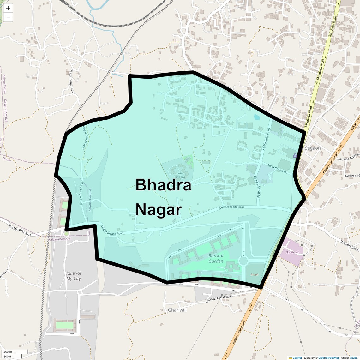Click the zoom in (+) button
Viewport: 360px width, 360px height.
(8, 8)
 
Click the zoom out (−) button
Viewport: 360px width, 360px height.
(8, 17)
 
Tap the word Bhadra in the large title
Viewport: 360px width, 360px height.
(163, 185)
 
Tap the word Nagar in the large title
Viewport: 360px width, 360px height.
(159, 210)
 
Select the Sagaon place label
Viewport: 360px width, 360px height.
(313, 148)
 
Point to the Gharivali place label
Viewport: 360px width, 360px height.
(177, 310)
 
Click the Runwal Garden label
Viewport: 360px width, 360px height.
(216, 258)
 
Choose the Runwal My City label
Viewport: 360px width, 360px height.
(74, 276)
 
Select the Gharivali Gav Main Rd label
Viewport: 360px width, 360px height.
(219, 299)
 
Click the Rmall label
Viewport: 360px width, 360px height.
(255, 275)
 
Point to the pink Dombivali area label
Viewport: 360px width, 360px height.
(292, 252)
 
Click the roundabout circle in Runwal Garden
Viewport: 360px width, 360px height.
(243, 261)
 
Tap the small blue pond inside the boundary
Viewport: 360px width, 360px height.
(257, 117)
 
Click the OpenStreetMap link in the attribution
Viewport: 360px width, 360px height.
(329, 358)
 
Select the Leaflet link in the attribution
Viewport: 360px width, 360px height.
(297, 358)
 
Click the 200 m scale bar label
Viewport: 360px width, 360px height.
(8, 352)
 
